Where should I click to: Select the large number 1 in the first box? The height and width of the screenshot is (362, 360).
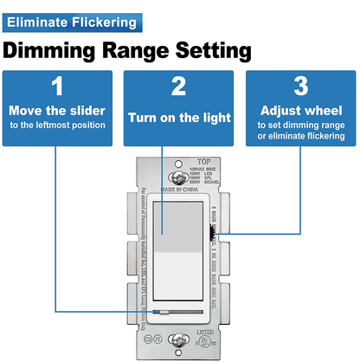click(57, 87)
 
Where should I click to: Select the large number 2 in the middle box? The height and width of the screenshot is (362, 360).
click(178, 87)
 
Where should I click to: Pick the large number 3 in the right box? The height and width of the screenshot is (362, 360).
click(300, 87)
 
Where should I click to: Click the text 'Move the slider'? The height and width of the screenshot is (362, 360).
click(57, 111)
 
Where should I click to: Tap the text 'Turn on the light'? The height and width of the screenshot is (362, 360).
click(178, 117)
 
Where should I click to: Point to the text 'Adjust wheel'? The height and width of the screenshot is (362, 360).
click(300, 111)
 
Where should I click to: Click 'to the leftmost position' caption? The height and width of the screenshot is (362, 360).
click(57, 126)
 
